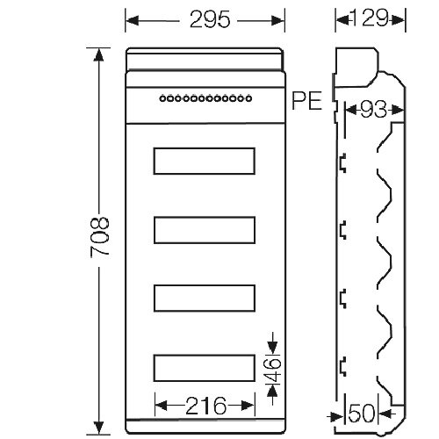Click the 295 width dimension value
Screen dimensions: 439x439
210,20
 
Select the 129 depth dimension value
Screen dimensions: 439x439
370,18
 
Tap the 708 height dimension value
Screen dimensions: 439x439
100,237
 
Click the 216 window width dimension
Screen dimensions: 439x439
205,406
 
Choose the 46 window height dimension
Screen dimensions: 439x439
273,370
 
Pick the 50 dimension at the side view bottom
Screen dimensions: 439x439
362,414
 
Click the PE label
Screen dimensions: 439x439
306,101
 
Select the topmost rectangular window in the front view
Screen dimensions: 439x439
205,161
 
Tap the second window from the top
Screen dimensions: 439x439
205,230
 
